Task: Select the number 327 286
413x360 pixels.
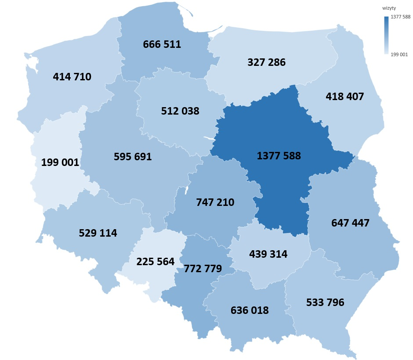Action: click(x=266, y=62)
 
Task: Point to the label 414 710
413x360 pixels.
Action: click(x=72, y=77)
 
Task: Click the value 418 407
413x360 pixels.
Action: click(x=345, y=96)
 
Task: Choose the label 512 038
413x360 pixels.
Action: click(x=180, y=111)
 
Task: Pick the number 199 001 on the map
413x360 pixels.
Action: click(x=60, y=162)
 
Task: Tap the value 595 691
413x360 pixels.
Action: click(x=133, y=156)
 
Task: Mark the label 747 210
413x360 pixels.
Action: click(x=215, y=202)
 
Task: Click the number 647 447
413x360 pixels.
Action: click(x=350, y=223)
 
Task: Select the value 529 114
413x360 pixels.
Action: click(x=98, y=233)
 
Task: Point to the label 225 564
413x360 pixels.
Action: click(x=156, y=262)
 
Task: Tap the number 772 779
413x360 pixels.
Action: click(x=203, y=268)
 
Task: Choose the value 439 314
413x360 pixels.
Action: click(x=268, y=254)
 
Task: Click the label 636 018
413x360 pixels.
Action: click(x=250, y=310)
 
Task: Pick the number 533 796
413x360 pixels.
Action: click(x=325, y=302)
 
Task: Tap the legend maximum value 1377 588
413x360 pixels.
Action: click(x=400, y=17)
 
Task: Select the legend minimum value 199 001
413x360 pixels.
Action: click(x=399, y=54)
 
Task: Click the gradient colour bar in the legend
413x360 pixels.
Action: click(x=386, y=35)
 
